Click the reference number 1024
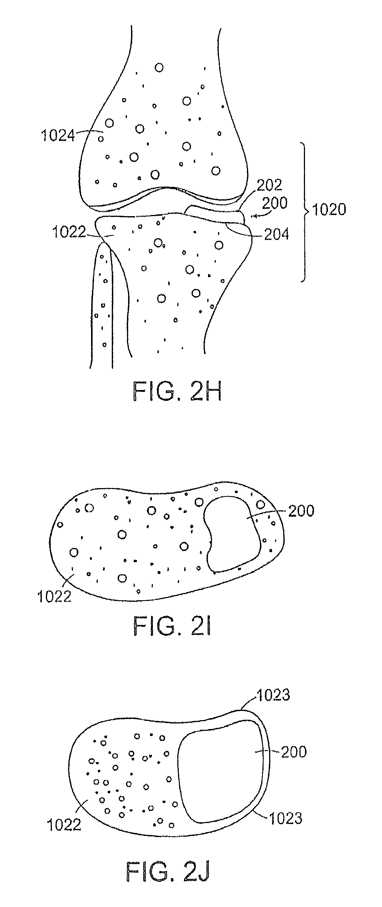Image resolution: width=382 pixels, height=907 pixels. pyautogui.click(x=58, y=136)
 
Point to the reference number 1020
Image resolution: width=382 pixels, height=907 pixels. pyautogui.click(x=329, y=210)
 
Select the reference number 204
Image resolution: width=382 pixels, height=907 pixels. pyautogui.click(x=276, y=234)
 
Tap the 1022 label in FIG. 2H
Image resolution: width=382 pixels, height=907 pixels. pyautogui.click(x=68, y=233)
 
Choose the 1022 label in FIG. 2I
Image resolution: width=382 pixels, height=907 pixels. pyautogui.click(x=54, y=596)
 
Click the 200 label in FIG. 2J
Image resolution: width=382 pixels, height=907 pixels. pyautogui.click(x=294, y=752)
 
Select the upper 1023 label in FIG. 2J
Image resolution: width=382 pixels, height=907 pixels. pyautogui.click(x=274, y=695)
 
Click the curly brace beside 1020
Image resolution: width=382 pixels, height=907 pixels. pyautogui.click(x=305, y=212)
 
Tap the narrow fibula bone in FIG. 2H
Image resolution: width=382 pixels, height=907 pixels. pyautogui.click(x=102, y=307)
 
